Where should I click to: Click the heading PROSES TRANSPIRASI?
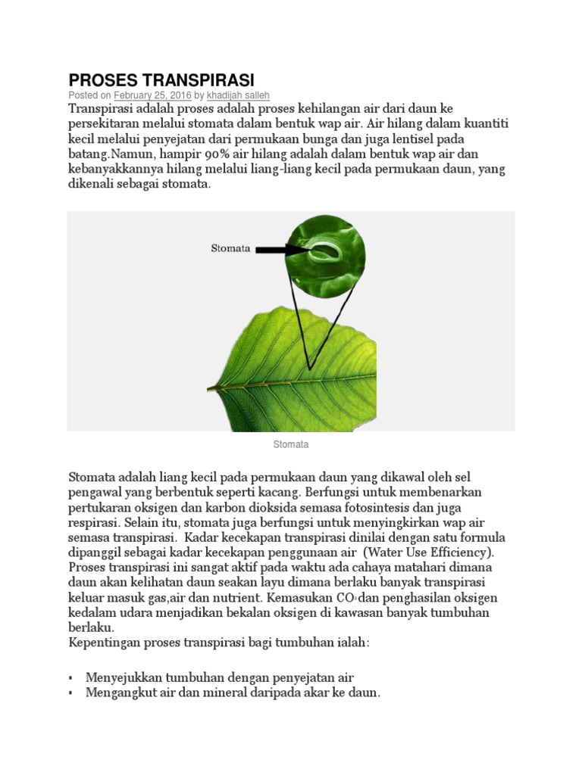(x=161, y=80)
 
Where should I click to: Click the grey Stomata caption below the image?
(x=290, y=445)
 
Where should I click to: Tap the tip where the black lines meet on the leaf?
(x=310, y=369)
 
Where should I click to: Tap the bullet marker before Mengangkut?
(x=70, y=693)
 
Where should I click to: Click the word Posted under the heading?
(x=83, y=96)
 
